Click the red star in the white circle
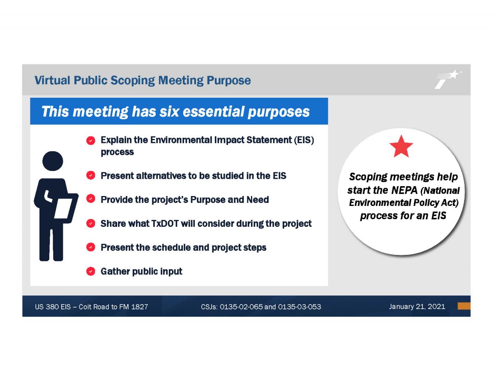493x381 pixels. (x=401, y=146)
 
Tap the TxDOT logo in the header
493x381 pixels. (x=448, y=79)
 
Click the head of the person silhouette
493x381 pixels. (x=53, y=161)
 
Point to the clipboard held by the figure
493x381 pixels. (x=64, y=208)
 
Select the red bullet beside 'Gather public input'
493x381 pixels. (x=90, y=271)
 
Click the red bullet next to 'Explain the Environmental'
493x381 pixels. (x=90, y=141)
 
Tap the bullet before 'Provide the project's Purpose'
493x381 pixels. (x=90, y=199)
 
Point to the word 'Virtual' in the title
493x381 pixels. (x=52, y=80)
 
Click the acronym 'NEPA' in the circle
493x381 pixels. (x=404, y=190)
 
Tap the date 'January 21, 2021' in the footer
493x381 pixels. (x=417, y=307)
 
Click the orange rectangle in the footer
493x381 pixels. (x=464, y=306)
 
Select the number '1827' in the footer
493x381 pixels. (x=140, y=307)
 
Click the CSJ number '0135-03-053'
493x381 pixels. (x=299, y=307)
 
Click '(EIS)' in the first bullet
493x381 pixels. (x=304, y=140)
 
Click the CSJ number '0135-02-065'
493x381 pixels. (x=241, y=307)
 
